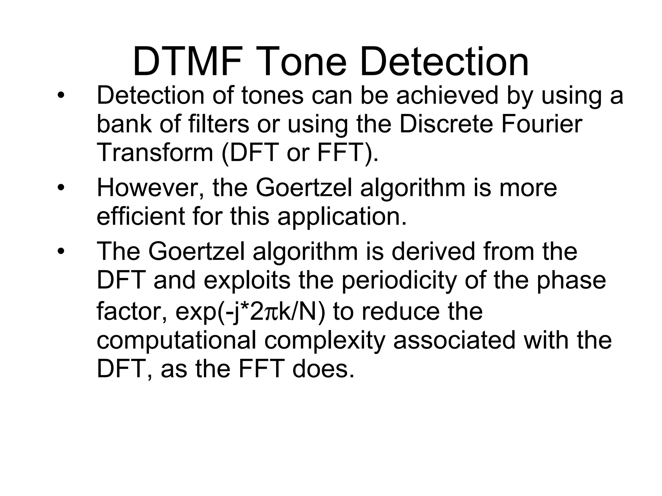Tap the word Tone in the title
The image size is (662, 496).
click(x=302, y=61)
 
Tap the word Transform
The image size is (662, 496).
click(x=155, y=152)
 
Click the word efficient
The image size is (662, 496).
click(x=141, y=216)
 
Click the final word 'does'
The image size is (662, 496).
click(x=323, y=369)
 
